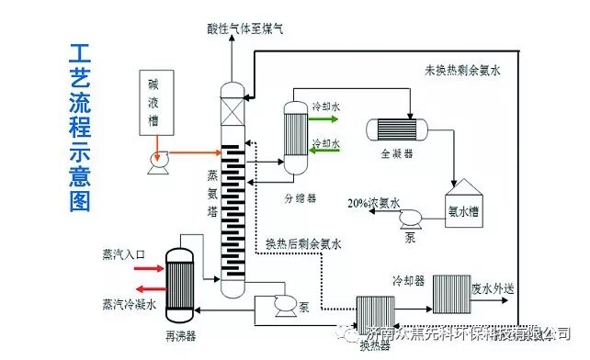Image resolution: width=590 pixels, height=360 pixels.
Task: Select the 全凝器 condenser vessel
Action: coord(397,129)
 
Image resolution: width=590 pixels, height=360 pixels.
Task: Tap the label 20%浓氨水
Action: coord(372,203)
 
